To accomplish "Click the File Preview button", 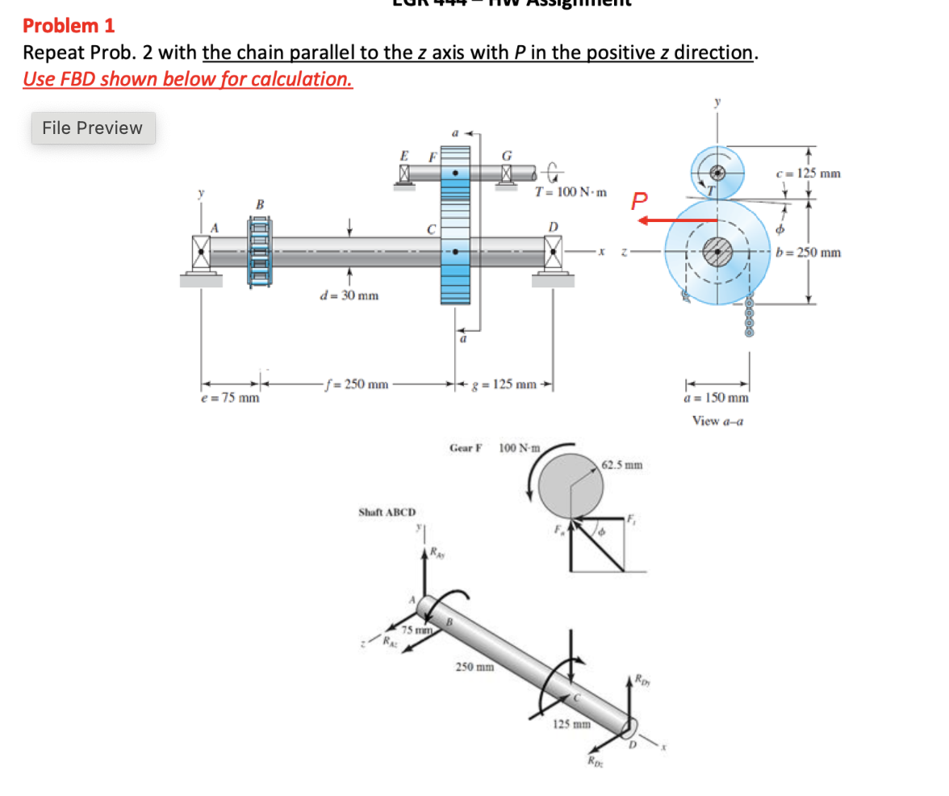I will [x=93, y=128].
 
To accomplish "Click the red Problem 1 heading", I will [x=69, y=26].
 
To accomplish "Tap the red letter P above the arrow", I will [x=640, y=200].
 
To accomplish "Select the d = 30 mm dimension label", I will [x=349, y=295].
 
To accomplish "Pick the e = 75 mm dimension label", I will [x=230, y=397].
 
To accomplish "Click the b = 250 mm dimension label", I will [x=808, y=253].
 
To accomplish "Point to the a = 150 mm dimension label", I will [x=717, y=398].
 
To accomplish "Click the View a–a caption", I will [x=717, y=421].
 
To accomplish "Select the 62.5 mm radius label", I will [x=622, y=465].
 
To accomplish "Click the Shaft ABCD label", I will [x=387, y=512].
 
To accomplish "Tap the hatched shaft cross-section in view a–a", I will [x=718, y=250].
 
